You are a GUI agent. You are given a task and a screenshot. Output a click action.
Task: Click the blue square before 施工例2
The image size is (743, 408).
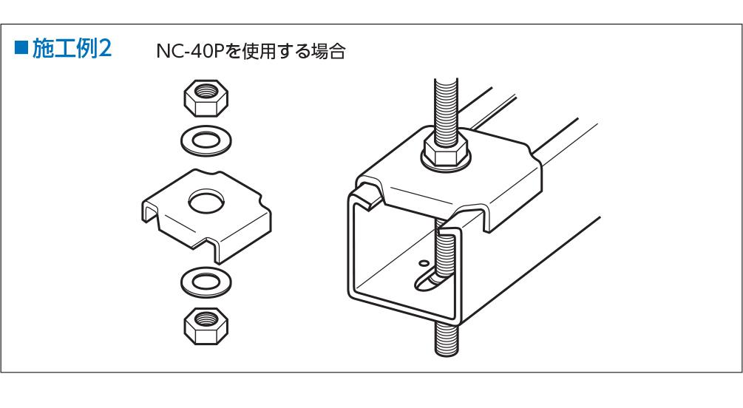coord(21,48)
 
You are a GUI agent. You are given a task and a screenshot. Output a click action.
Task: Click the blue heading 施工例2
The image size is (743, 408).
coord(72,49)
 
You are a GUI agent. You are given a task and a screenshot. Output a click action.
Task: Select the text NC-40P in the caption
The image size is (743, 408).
coord(189,51)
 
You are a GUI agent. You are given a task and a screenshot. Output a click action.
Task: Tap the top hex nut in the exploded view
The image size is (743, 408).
coord(206,98)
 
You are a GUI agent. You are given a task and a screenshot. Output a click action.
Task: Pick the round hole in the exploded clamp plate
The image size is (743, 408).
coord(206,200)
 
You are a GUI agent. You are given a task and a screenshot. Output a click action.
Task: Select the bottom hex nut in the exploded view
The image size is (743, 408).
coord(206,326)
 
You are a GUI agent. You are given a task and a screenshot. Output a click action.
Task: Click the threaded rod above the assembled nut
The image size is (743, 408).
coord(446,108)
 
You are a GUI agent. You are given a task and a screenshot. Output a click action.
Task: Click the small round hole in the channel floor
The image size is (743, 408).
coord(423,262)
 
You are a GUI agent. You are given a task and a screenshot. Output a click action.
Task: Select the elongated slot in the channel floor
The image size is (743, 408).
coord(427,281)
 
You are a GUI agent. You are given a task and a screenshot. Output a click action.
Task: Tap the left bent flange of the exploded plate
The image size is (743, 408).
coord(151,211)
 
